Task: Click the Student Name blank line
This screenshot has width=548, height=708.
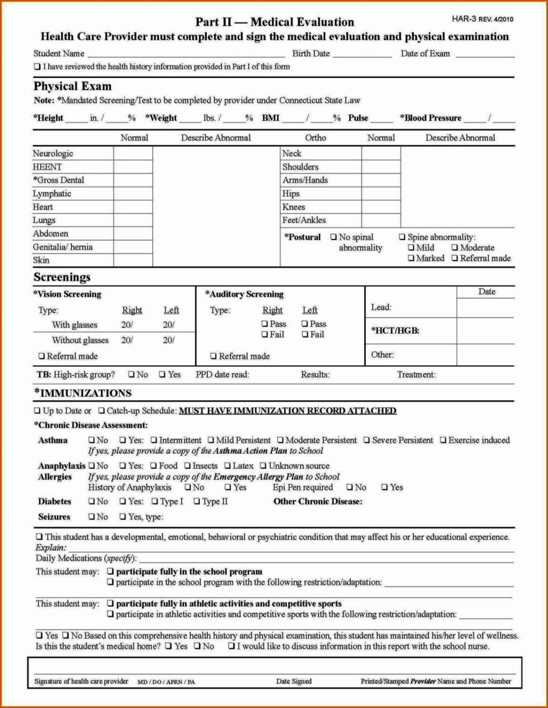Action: click(186, 54)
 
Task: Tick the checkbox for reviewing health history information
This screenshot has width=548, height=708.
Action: click(37, 66)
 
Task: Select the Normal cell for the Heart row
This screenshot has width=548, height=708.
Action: click(133, 207)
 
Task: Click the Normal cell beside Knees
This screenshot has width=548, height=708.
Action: click(381, 207)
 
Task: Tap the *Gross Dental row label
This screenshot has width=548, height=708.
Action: click(59, 180)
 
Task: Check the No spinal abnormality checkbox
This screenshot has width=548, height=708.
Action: click(333, 237)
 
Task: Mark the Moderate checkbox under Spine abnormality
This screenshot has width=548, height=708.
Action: click(455, 247)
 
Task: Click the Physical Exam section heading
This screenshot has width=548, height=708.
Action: click(72, 86)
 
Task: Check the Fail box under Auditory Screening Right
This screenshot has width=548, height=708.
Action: click(265, 335)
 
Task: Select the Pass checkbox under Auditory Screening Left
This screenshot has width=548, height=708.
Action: click(305, 324)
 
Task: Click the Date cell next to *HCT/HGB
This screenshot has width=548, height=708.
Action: click(485, 331)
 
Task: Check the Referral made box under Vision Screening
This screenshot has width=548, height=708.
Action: click(41, 356)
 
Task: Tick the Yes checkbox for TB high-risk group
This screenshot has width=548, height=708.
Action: click(162, 374)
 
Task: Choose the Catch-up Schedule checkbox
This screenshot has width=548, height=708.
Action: click(102, 411)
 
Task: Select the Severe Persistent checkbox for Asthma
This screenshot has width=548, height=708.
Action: click(367, 440)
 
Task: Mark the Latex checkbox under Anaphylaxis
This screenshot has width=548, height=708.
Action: click(227, 466)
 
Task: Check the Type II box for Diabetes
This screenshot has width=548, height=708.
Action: click(197, 502)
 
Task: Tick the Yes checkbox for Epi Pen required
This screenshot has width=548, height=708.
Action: click(385, 487)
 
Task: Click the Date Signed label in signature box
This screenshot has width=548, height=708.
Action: click(293, 681)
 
